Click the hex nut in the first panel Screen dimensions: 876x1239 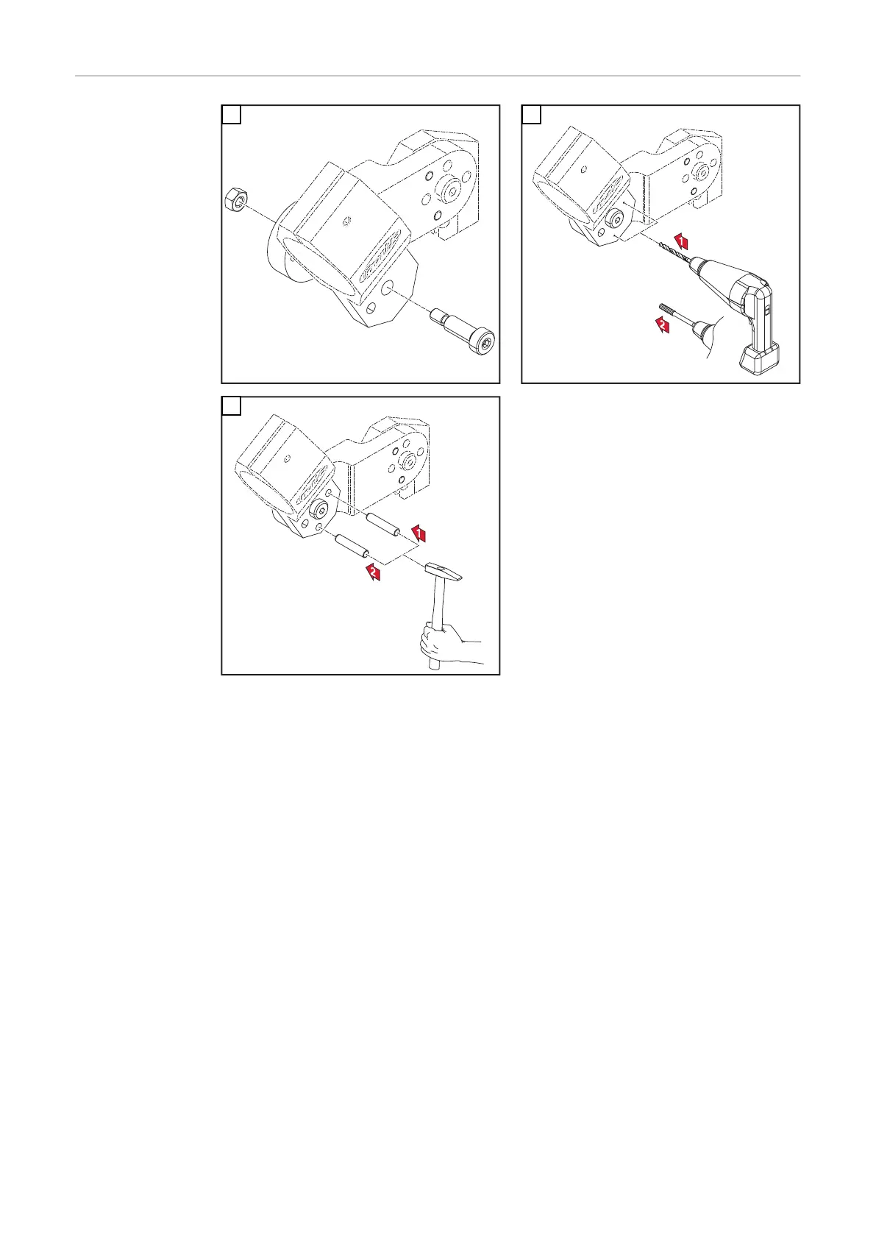pyautogui.click(x=237, y=199)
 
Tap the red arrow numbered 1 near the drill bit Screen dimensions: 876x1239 pyautogui.click(x=682, y=241)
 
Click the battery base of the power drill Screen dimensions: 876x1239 pyautogui.click(x=759, y=361)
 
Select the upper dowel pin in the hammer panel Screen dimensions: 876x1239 pyautogui.click(x=382, y=524)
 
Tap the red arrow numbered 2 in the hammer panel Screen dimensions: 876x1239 pyautogui.click(x=374, y=572)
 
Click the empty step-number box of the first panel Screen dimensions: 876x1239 pyautogui.click(x=232, y=115)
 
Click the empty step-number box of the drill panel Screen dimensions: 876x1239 pyautogui.click(x=531, y=115)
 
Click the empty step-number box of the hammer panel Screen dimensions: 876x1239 pyautogui.click(x=232, y=406)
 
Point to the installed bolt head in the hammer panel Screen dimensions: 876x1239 pyautogui.click(x=318, y=509)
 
